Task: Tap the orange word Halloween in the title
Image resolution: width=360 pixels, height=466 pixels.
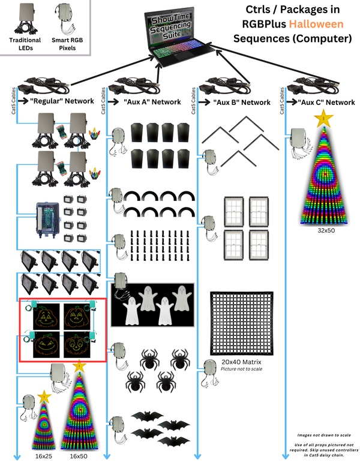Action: click(x=316, y=24)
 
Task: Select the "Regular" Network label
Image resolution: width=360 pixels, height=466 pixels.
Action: click(x=62, y=101)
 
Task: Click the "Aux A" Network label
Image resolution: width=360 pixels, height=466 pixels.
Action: click(x=152, y=102)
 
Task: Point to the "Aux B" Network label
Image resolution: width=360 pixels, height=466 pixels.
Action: click(x=242, y=102)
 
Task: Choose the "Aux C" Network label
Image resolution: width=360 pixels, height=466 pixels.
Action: click(x=326, y=102)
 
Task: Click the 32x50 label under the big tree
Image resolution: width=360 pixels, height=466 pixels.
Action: click(x=326, y=230)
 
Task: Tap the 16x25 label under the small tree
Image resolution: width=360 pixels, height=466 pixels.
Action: click(x=44, y=456)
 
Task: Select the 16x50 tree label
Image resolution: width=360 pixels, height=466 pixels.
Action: click(x=79, y=456)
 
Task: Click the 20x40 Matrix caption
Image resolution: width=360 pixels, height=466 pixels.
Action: click(x=241, y=362)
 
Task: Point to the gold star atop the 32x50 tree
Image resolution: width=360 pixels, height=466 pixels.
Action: click(x=323, y=118)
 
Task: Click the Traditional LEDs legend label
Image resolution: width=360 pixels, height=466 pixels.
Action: click(x=25, y=44)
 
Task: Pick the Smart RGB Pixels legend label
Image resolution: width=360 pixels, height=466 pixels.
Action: click(x=67, y=44)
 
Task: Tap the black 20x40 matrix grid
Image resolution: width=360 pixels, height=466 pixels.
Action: click(x=241, y=323)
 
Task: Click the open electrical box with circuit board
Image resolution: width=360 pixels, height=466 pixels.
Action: click(x=47, y=220)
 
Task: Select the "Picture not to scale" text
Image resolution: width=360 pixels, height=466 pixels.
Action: click(x=241, y=369)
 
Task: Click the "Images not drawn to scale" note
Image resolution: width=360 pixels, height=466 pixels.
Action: click(x=324, y=435)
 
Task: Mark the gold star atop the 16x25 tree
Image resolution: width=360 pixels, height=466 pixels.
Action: click(x=44, y=397)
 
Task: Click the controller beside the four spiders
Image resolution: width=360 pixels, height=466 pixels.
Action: click(x=119, y=355)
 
